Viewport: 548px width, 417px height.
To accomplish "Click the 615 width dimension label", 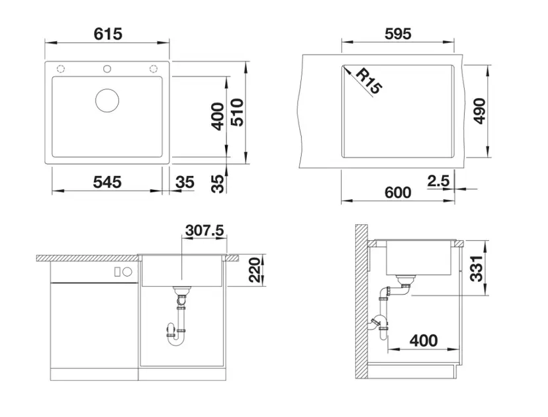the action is coord(108,34).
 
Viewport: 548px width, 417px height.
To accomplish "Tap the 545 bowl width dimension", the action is coord(107,182).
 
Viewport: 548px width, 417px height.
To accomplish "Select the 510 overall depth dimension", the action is coord(238,113).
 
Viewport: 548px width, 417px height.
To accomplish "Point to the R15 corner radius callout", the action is coord(369,81).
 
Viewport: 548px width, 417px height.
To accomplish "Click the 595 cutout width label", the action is coord(398,34).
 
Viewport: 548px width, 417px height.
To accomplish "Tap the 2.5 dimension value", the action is coord(438,181).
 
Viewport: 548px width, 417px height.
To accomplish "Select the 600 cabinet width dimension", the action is coord(398,193).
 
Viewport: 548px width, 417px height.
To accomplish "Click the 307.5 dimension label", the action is coord(205,230).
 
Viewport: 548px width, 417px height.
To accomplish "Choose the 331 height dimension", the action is coord(476,269).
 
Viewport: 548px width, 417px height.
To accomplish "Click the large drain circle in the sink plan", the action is coord(107,101).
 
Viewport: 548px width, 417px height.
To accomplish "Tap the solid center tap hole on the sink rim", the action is coord(107,69).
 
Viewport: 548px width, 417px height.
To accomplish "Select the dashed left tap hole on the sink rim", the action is coord(61,69).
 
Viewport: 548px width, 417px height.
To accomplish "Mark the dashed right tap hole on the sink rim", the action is coord(154,69).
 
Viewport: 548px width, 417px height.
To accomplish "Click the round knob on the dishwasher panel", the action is coord(127,271).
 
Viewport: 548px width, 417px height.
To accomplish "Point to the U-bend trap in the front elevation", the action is coord(176,335).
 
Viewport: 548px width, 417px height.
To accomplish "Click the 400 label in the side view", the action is coord(424,340).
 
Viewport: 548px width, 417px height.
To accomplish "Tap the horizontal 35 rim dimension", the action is coord(185,182).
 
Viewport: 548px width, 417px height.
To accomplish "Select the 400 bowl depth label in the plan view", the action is coord(218,116).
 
